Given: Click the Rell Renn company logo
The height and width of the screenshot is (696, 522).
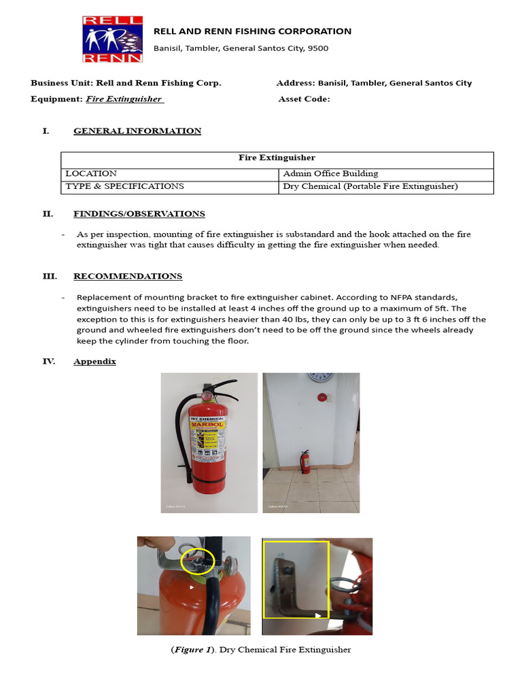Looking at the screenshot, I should pos(113,39).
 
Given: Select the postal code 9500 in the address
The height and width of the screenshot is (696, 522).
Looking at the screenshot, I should pos(317,48).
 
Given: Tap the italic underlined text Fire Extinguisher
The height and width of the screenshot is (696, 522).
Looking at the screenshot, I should pos(124,99).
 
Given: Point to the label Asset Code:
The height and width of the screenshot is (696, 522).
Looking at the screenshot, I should pos(304,99).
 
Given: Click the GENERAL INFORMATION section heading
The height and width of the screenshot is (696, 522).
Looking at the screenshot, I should pos(137,131).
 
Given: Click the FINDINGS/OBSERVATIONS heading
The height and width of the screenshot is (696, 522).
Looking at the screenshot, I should pos(139,214).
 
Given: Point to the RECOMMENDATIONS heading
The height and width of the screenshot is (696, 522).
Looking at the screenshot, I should pos(127,277).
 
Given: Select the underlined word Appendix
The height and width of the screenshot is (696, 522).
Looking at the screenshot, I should pos(94,362).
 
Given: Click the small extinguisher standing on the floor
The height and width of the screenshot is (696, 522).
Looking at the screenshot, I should pos(306,462).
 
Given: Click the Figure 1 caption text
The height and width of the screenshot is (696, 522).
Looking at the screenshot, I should pos(260,650).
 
